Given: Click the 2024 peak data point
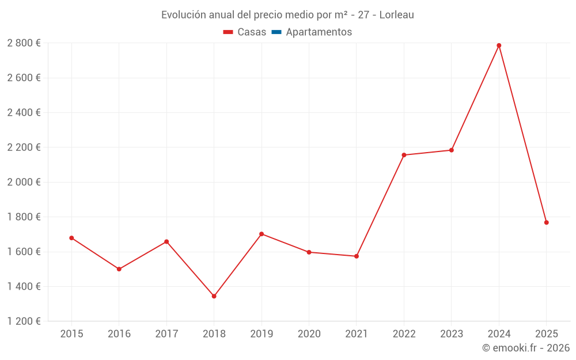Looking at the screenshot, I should pyautogui.click(x=499, y=46).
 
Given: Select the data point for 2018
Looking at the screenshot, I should pyautogui.click(x=214, y=296).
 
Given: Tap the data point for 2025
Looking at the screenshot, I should pyautogui.click(x=546, y=222).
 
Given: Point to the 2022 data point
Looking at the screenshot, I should pyautogui.click(x=404, y=155).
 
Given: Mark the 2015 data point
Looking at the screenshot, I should pyautogui.click(x=71, y=238).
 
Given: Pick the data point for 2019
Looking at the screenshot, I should pyautogui.click(x=262, y=234).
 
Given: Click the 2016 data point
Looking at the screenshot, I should pyautogui.click(x=119, y=269).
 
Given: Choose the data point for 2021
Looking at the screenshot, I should pyautogui.click(x=357, y=256).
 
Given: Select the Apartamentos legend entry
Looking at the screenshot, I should pyautogui.click(x=319, y=32).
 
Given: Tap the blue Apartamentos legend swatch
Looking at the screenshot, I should pyautogui.click(x=276, y=32).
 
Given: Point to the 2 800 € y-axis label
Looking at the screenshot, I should pyautogui.click(x=24, y=43).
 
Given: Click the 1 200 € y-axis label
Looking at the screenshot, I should pyautogui.click(x=24, y=321).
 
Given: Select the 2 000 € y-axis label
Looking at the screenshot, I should pyautogui.click(x=24, y=182).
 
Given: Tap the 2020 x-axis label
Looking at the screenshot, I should pyautogui.click(x=309, y=334).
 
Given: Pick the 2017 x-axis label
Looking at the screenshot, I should pyautogui.click(x=166, y=334).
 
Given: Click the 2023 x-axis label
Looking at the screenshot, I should pyautogui.click(x=451, y=334).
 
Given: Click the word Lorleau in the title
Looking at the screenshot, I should pyautogui.click(x=396, y=15).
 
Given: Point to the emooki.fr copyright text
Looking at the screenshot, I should pyautogui.click(x=526, y=348).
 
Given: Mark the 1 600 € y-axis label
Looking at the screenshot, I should pyautogui.click(x=24, y=252).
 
